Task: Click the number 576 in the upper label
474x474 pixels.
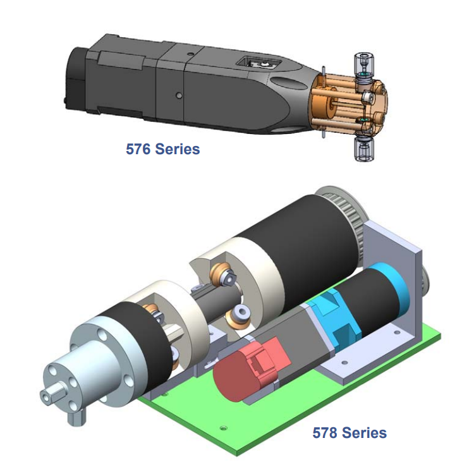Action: pos(138,149)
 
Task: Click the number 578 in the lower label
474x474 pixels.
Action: pos(325,432)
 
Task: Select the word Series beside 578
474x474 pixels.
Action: pos(364,432)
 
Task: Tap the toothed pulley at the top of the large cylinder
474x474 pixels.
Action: pos(344,209)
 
